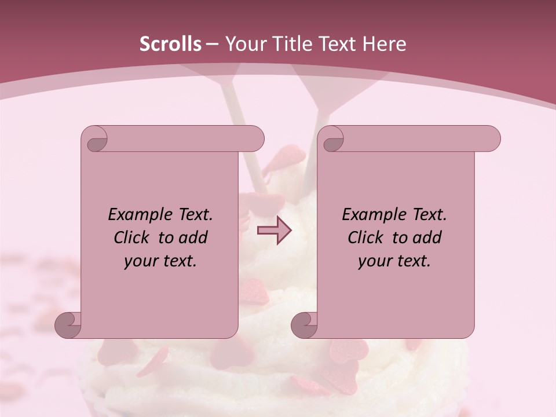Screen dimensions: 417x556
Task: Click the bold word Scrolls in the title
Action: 170,44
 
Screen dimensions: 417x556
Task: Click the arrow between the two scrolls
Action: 274,230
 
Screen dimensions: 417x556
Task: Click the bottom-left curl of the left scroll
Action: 68,325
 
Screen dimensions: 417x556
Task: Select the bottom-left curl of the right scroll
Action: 304,325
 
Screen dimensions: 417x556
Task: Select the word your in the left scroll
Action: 141,261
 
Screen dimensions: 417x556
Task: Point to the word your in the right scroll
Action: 375,261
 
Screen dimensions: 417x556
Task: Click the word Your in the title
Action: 244,44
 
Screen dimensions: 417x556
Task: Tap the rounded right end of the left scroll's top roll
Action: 255,138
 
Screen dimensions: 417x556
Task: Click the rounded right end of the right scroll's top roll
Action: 491,138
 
